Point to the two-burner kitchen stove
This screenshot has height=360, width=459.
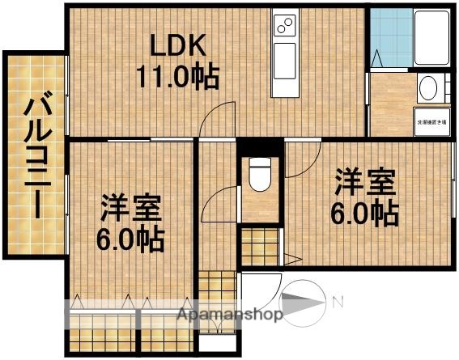pos(286,26)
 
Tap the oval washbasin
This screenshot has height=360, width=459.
pos(430,87)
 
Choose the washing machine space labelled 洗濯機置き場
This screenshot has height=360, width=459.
pos(431,121)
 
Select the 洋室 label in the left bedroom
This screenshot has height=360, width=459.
pos(130,209)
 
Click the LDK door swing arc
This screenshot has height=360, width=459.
pos(211,124)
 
